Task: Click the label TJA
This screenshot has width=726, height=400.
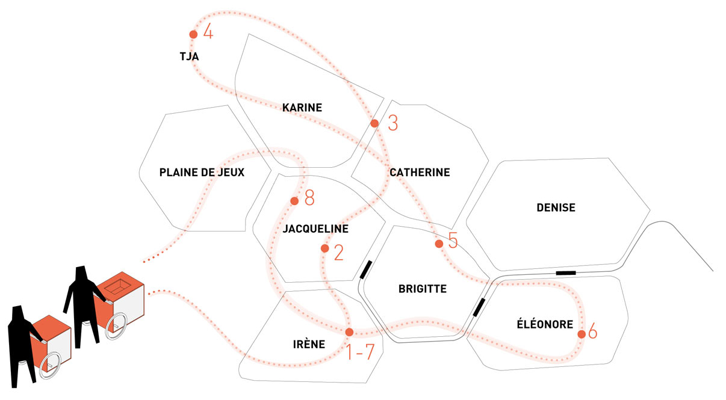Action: tap(189, 57)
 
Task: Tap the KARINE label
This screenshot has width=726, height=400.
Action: tap(302, 108)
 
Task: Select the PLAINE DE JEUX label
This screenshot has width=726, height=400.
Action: tap(202, 173)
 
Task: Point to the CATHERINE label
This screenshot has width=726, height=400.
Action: tap(420, 173)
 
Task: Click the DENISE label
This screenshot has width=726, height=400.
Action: tap(556, 208)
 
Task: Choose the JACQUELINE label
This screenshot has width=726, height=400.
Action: tap(315, 229)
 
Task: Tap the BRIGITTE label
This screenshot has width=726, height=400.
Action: tap(423, 289)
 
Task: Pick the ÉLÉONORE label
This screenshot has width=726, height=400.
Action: tap(545, 325)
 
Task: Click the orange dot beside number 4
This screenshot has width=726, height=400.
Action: tap(193, 34)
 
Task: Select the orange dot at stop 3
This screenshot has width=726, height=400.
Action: tap(374, 123)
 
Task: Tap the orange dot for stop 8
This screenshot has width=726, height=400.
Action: tap(294, 201)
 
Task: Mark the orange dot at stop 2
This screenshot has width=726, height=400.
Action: tap(325, 248)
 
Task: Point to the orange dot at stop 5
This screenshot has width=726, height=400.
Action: tap(439, 244)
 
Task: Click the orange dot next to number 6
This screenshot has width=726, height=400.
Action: tap(582, 334)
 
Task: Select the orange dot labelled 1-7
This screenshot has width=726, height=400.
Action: tap(349, 332)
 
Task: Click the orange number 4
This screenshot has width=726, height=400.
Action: tap(208, 31)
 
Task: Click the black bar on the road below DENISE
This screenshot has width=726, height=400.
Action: tap(565, 273)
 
